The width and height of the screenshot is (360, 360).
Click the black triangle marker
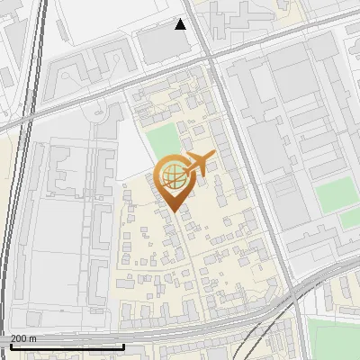click(x=181, y=24)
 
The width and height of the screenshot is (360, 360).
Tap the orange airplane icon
click(x=198, y=164)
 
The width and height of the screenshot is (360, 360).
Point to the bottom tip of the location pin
click(x=172, y=211)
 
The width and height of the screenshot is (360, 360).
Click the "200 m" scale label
click(x=24, y=338)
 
